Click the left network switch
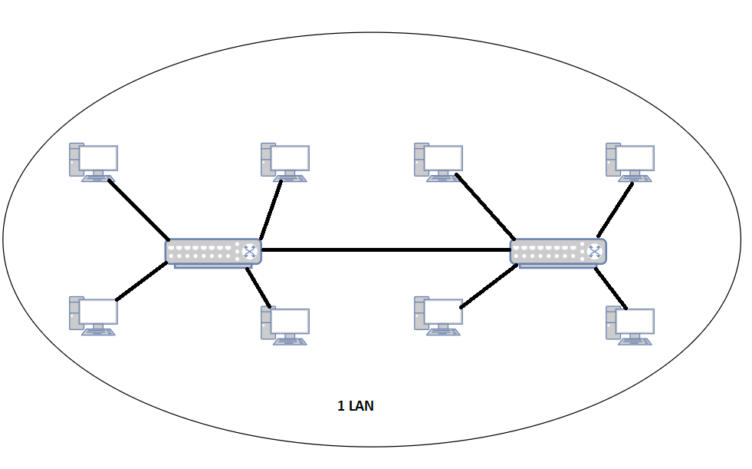[207, 252]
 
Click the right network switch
[552, 252]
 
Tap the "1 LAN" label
[356, 406]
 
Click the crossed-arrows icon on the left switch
[249, 251]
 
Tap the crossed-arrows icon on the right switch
[593, 251]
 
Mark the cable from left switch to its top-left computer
[138, 209]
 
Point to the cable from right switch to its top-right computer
[616, 210]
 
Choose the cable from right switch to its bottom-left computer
[487, 286]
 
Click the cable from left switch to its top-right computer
[271, 210]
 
